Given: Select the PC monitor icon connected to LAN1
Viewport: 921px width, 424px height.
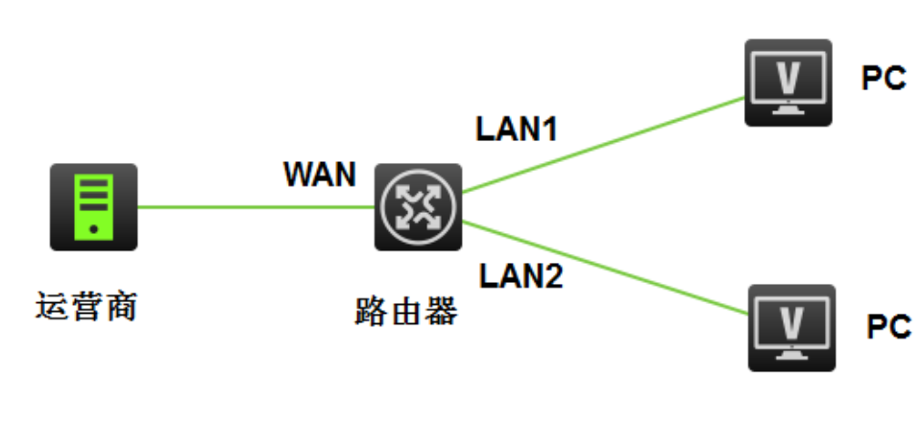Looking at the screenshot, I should click(788, 82).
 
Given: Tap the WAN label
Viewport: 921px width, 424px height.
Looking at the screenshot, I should click(319, 176).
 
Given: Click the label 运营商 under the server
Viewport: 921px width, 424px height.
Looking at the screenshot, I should click(85, 309).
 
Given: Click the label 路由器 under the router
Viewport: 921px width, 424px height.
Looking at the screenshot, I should click(404, 311).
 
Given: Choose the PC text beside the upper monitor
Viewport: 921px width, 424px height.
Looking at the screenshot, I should click(884, 80).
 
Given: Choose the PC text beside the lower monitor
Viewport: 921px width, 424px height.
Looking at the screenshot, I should click(887, 327).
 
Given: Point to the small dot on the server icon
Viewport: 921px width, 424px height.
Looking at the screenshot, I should click(93, 230).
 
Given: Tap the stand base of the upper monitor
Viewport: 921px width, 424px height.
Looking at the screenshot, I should click(788, 110).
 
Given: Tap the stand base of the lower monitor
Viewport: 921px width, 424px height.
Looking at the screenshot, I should click(792, 356).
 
